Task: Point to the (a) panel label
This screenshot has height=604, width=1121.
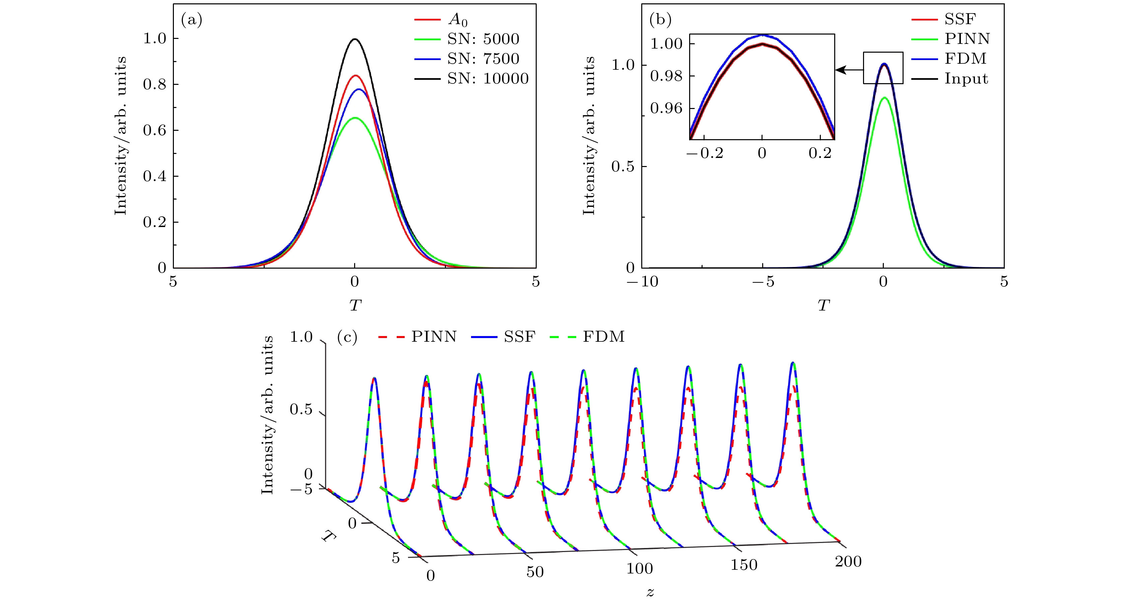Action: click(192, 20)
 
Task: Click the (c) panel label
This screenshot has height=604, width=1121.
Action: click(347, 337)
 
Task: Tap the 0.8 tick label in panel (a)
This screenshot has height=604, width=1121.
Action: click(154, 85)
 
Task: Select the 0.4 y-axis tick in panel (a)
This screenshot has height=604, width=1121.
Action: click(154, 176)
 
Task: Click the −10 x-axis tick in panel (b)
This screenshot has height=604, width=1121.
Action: click(642, 282)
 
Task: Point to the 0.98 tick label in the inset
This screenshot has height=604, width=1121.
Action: click(666, 76)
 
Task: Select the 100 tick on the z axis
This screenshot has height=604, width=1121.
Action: click(639, 569)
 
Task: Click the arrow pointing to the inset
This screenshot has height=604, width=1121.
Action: click(849, 70)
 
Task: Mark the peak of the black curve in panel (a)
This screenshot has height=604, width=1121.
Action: click(355, 39)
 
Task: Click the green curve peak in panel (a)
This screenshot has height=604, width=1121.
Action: click(355, 118)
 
